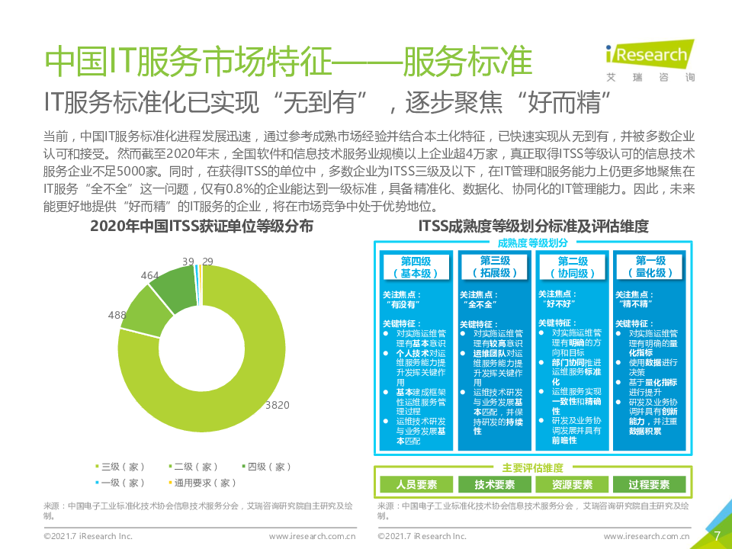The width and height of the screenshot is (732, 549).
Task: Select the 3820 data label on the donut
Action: (x=277, y=405)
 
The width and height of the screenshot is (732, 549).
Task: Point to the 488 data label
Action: (x=117, y=315)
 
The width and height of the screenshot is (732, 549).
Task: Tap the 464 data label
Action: (x=150, y=275)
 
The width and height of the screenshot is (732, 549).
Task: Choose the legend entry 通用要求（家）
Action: (x=203, y=483)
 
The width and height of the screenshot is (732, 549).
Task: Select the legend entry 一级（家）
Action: (x=119, y=483)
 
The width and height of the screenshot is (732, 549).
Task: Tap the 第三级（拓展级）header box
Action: (x=495, y=267)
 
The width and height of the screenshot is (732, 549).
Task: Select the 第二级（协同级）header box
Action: (x=573, y=267)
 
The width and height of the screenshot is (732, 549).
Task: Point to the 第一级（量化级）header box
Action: (x=650, y=267)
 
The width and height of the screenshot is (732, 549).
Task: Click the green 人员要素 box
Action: (x=416, y=484)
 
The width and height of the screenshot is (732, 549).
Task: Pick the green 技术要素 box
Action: (x=495, y=484)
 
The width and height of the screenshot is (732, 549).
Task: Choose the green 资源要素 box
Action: (x=572, y=484)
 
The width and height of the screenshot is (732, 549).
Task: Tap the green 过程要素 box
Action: (x=650, y=484)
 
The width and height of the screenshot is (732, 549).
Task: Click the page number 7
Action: (x=716, y=535)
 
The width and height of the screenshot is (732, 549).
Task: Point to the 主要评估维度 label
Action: (x=533, y=467)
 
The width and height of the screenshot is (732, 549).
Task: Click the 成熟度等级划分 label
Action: (x=533, y=242)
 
